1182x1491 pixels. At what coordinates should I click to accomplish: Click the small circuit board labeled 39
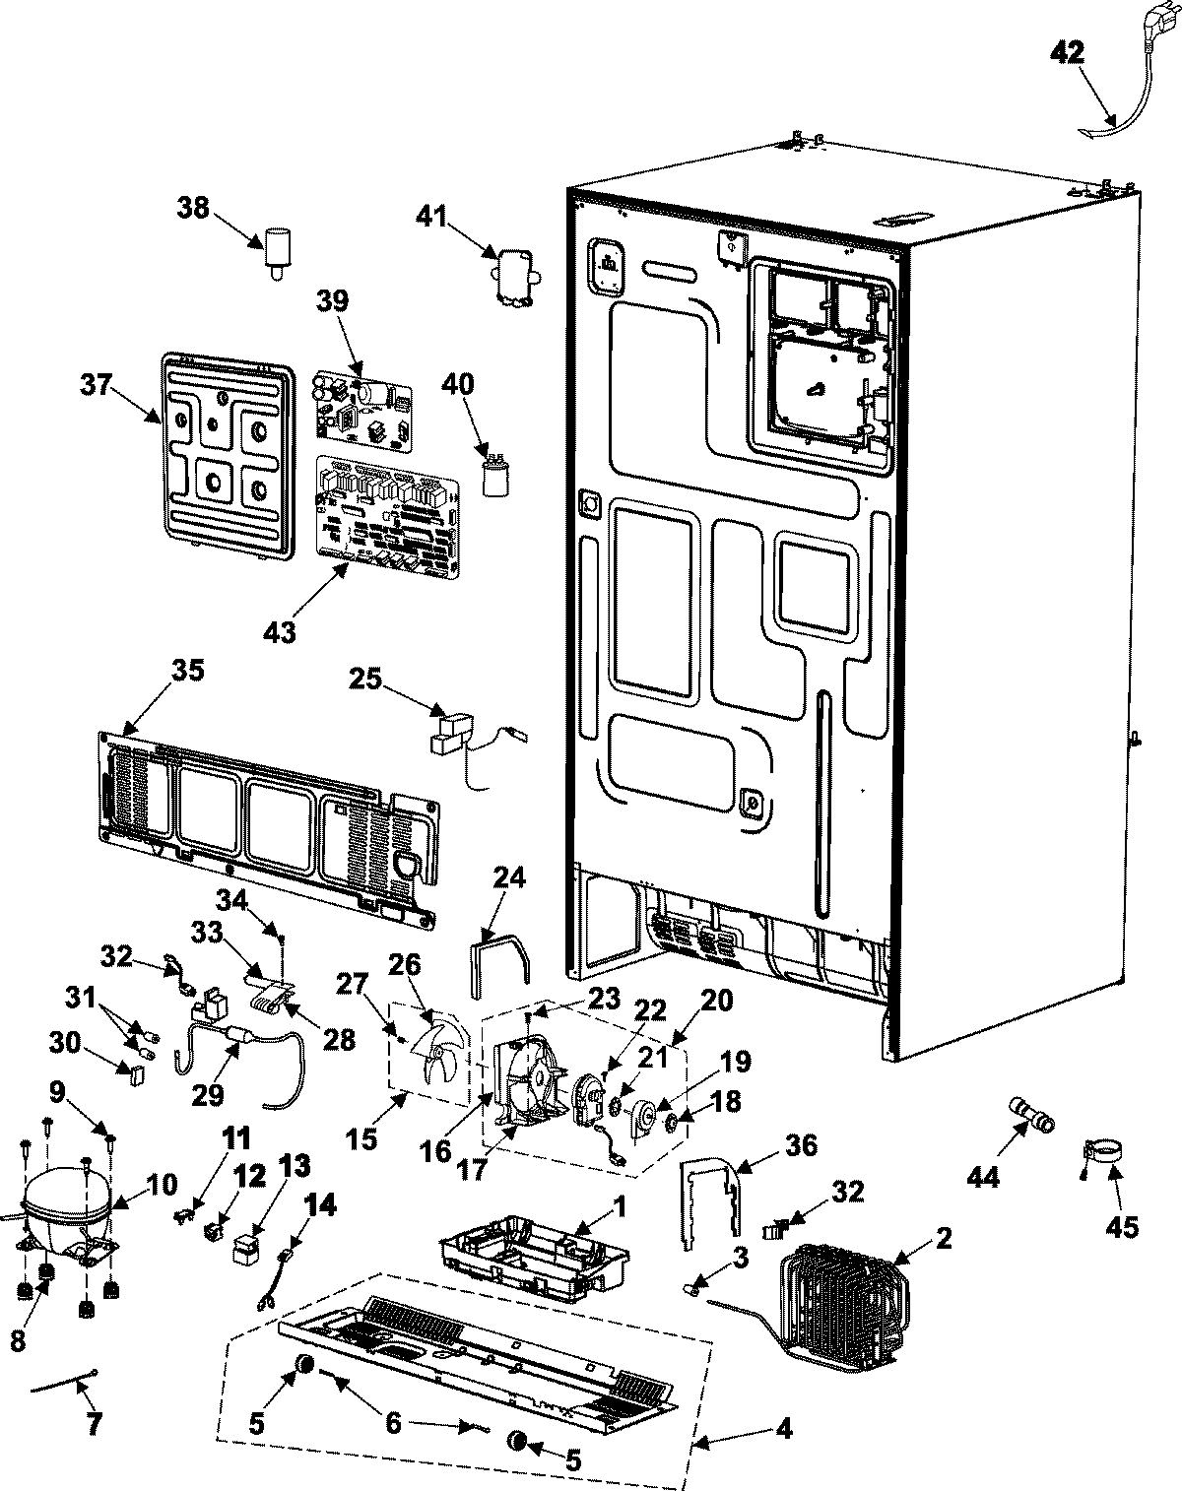pos(361,404)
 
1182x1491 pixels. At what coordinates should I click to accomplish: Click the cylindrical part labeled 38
pos(277,247)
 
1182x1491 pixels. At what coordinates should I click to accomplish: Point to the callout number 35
pos(187,671)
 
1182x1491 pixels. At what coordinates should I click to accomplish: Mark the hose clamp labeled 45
pos(1101,1154)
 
